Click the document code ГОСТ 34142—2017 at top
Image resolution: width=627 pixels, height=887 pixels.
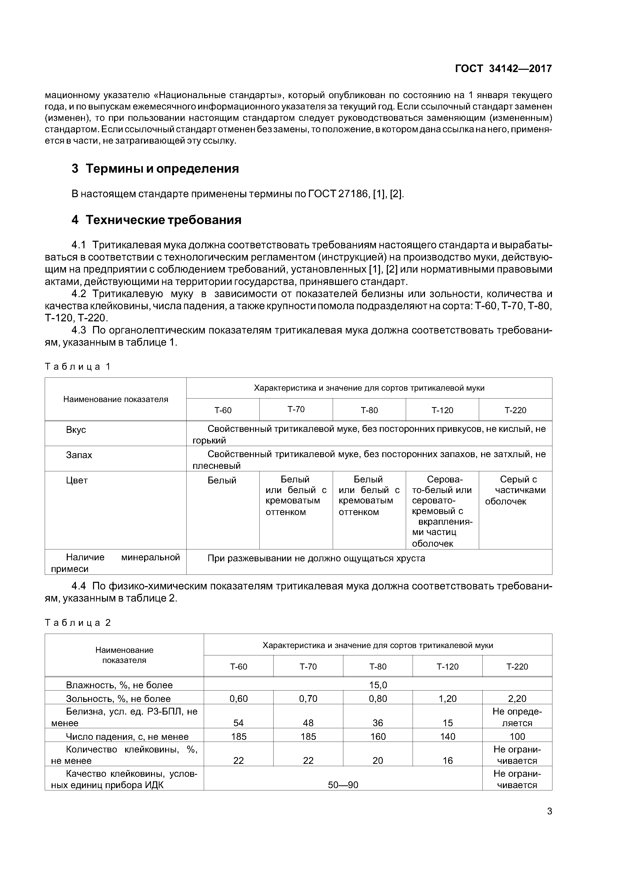click(x=503, y=69)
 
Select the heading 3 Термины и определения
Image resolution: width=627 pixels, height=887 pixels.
click(x=155, y=169)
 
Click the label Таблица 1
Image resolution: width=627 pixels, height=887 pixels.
click(x=78, y=367)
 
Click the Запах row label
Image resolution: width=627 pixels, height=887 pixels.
click(x=79, y=455)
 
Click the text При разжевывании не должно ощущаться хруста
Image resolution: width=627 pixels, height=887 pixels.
click(x=316, y=558)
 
